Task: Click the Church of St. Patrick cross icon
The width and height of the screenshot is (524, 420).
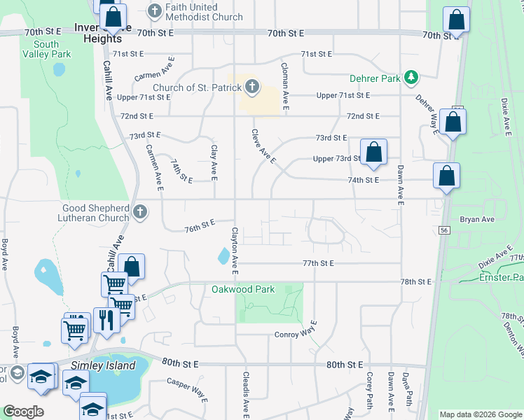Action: pyautogui.click(x=252, y=87)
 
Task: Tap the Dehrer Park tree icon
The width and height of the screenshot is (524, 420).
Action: pyautogui.click(x=413, y=77)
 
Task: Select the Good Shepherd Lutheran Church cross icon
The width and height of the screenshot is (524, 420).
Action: pyautogui.click(x=140, y=211)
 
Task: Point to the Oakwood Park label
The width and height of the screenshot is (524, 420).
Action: pyautogui.click(x=243, y=289)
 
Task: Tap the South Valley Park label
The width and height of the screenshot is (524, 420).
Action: pyautogui.click(x=46, y=49)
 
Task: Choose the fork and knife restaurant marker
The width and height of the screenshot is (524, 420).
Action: pyautogui.click(x=106, y=321)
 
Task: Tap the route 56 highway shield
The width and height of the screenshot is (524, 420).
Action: pyautogui.click(x=444, y=230)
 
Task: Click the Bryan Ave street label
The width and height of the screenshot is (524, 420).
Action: pyautogui.click(x=477, y=219)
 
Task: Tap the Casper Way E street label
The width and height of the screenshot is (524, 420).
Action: pyautogui.click(x=186, y=391)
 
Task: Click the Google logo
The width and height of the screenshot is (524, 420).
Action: pyautogui.click(x=24, y=412)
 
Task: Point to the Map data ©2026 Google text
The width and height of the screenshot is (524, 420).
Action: pyautogui.click(x=481, y=414)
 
